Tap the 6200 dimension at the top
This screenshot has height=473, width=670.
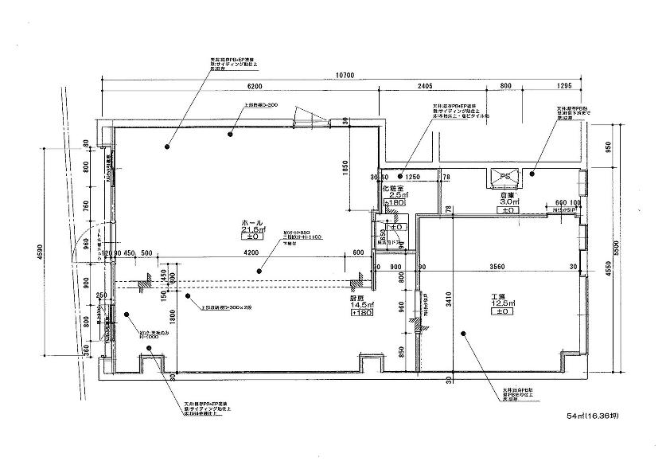[254, 85]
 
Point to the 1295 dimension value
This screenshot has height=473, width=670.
[565, 85]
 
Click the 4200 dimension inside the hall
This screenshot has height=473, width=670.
[251, 253]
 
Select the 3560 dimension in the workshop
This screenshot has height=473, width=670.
[499, 266]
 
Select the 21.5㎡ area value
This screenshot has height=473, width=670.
[252, 229]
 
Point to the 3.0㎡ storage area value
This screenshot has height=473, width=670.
[509, 202]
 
